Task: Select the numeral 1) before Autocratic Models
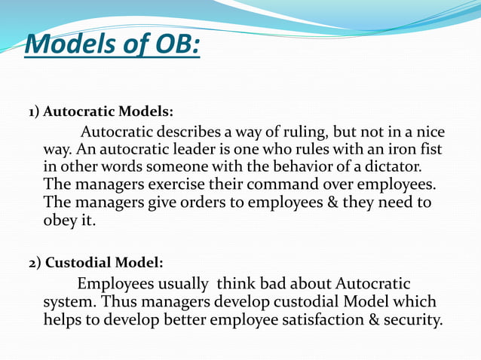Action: click(x=34, y=113)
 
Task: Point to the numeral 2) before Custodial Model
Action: click(x=35, y=263)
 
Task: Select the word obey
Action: click(x=63, y=220)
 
